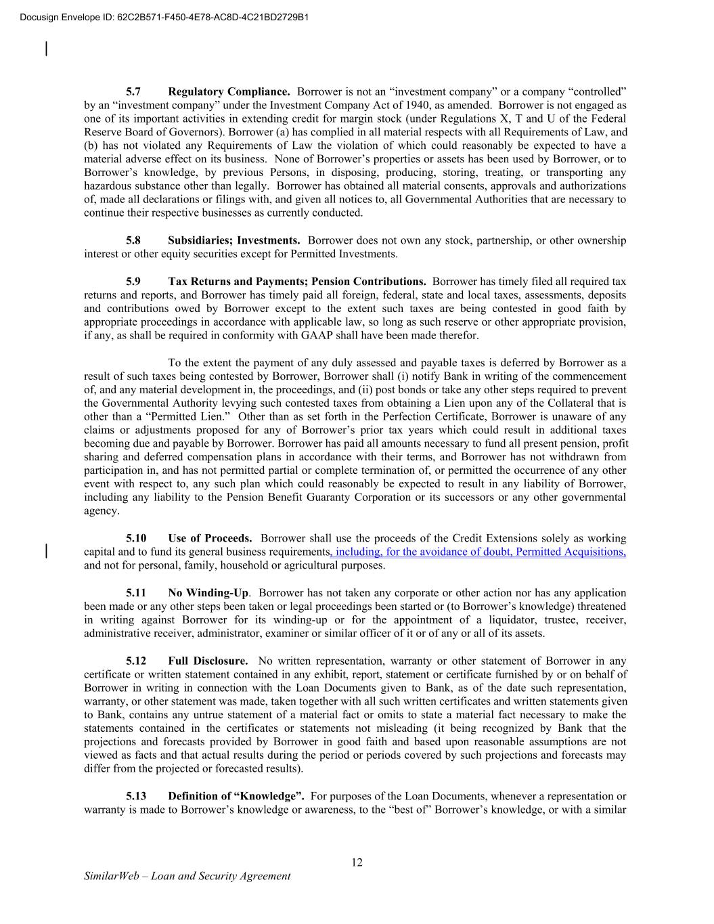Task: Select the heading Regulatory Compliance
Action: [229, 91]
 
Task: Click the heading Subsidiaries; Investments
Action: [234, 240]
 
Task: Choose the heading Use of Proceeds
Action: [210, 538]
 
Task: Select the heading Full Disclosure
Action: [208, 661]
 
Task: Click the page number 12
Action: [357, 862]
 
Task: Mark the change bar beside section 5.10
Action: [46, 550]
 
